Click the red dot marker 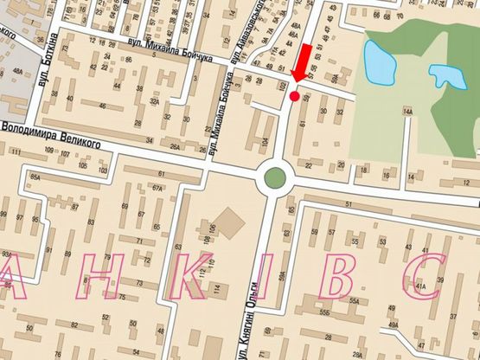294,96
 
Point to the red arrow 302,64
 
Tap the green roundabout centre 274,179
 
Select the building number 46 104,106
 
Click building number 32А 154,101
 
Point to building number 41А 421,284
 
